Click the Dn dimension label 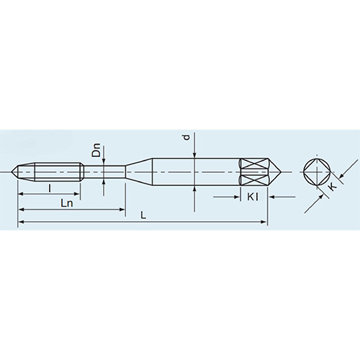(96, 151)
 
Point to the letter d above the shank (186, 137)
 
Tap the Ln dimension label (67, 204)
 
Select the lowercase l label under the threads (49, 189)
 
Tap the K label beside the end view (332, 187)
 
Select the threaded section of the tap (58, 173)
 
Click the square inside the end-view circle (317, 173)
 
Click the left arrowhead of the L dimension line (20, 224)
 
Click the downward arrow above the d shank (194, 153)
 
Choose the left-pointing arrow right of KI (275, 196)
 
